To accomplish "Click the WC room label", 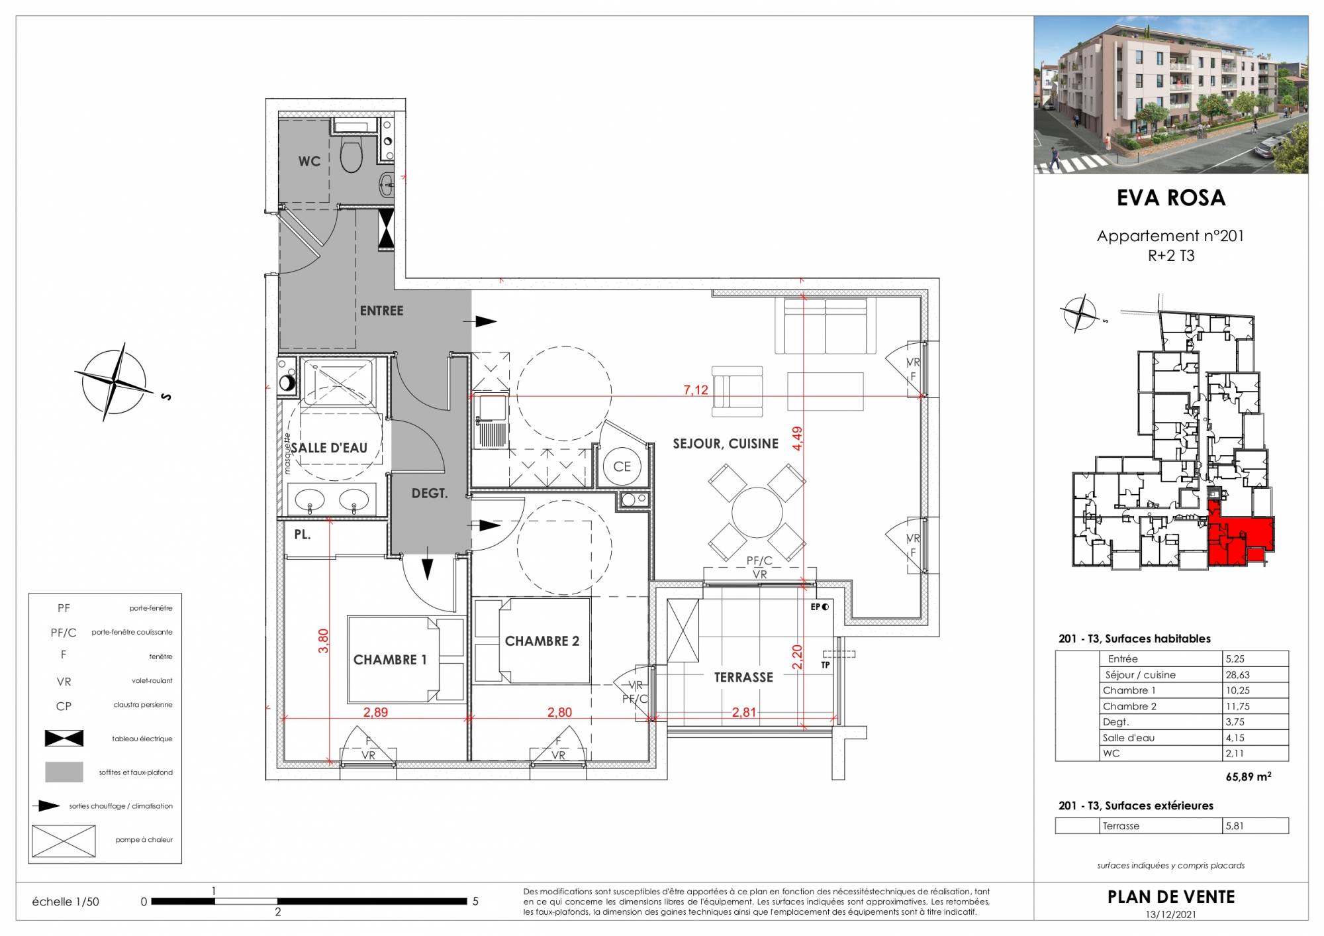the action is coord(309,162).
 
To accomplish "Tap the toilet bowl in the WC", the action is coord(350,154).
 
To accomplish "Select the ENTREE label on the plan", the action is coord(381,311).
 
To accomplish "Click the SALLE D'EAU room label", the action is coord(329,448).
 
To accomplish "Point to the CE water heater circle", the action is coord(622,466).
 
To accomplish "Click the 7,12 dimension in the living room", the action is coord(696,390).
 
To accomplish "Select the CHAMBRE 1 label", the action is coord(390,660).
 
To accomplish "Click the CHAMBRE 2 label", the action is coord(542,641).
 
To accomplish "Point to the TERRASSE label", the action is coord(743,678).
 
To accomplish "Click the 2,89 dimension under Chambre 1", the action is coord(375,713).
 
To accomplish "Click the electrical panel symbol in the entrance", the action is coord(386,229).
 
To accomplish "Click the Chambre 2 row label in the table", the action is coord(1129,706).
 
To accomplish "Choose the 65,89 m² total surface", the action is coord(1249,777).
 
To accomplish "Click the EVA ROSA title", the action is coord(1171,198).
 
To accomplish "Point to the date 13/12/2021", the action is coord(1171,915).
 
